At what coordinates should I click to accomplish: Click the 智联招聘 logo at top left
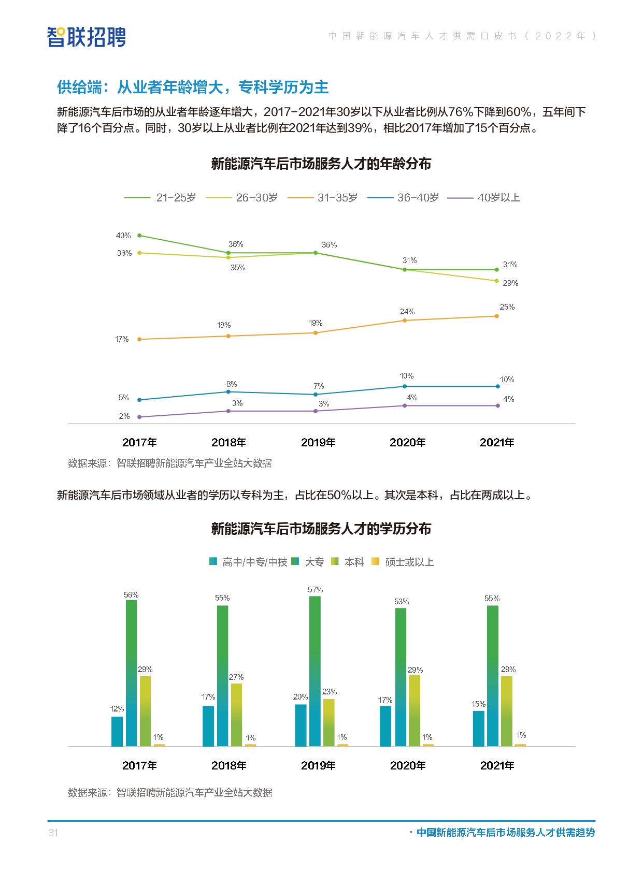pyautogui.click(x=86, y=37)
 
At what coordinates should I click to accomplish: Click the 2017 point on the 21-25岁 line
pyautogui.click(x=139, y=236)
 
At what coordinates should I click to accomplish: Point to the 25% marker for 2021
pyautogui.click(x=496, y=316)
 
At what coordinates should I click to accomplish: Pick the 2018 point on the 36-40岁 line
pyautogui.click(x=228, y=392)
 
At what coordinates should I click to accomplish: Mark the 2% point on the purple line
pyautogui.click(x=139, y=417)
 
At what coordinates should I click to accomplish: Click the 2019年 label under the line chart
pyautogui.click(x=318, y=442)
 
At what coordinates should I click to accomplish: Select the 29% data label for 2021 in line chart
pyautogui.click(x=510, y=283)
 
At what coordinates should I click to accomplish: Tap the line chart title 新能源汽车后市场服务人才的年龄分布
pyautogui.click(x=321, y=164)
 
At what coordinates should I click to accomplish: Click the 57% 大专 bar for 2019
pyautogui.click(x=315, y=671)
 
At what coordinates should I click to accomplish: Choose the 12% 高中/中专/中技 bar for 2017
pyautogui.click(x=117, y=731)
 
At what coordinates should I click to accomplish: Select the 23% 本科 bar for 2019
pyautogui.click(x=328, y=722)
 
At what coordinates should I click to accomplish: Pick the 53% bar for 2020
pyautogui.click(x=401, y=677)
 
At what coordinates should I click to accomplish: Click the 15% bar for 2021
pyautogui.click(x=478, y=728)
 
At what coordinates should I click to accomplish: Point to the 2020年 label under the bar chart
pyautogui.click(x=408, y=765)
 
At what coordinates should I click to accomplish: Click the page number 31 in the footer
pyautogui.click(x=53, y=833)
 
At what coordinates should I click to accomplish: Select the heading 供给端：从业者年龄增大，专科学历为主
pyautogui.click(x=193, y=87)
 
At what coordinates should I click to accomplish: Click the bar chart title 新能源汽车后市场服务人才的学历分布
pyautogui.click(x=321, y=529)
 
